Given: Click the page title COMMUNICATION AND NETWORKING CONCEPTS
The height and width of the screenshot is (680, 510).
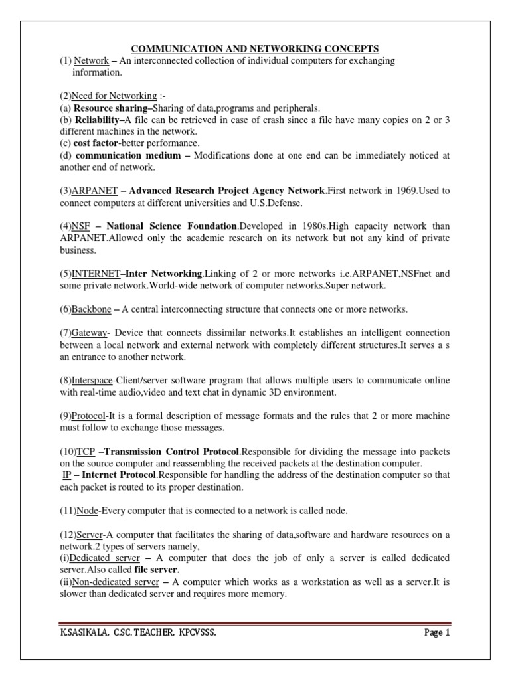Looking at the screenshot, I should (254, 49).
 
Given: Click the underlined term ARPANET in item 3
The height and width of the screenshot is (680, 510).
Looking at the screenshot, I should (96, 191).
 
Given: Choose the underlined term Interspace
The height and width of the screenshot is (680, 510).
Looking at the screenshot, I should (94, 380).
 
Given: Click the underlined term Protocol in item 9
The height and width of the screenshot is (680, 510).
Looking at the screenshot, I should (90, 416).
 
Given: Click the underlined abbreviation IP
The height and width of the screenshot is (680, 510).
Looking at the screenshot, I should (66, 475).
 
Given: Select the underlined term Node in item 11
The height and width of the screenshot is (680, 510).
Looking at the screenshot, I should (87, 511).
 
